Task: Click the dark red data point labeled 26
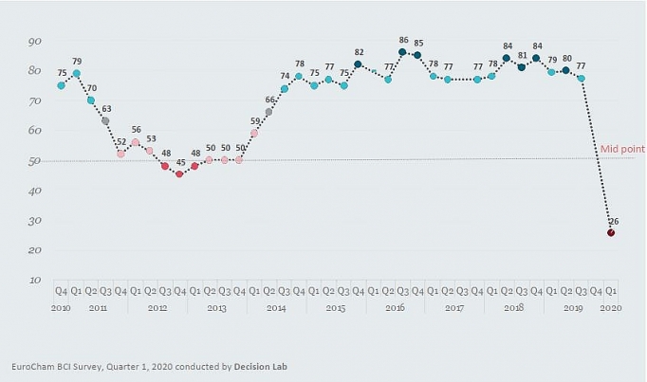611,232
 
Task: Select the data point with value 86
402,52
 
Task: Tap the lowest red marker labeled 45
179,173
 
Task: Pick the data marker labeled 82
358,64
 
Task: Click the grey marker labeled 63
105,120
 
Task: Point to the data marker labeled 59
253,133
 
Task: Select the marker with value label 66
268,112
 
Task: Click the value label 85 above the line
418,43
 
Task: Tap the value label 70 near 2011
91,87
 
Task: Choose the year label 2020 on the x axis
611,309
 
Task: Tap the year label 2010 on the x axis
62,309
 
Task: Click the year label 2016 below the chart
395,309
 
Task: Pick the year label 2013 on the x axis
217,309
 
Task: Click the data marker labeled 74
284,89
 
